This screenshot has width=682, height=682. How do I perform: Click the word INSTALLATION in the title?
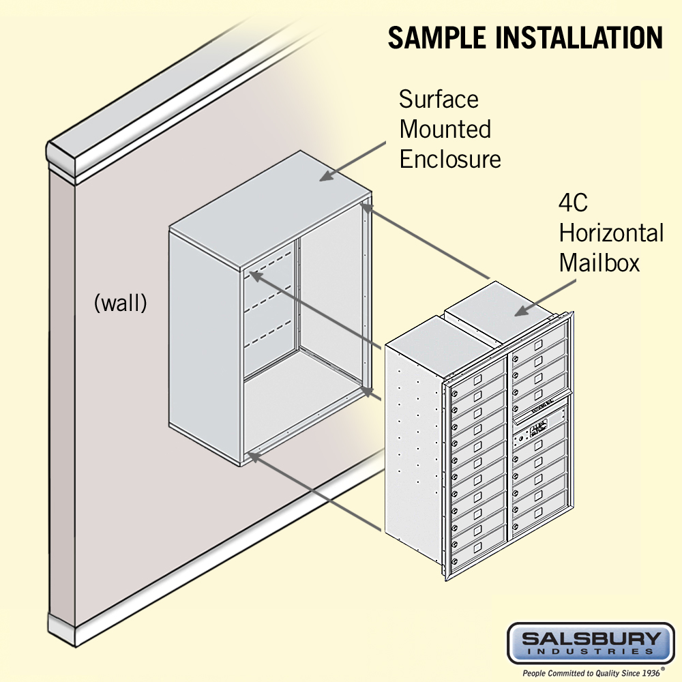pyautogui.click(x=580, y=38)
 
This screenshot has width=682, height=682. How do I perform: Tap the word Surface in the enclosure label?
pyautogui.click(x=439, y=100)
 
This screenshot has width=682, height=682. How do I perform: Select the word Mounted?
pyautogui.click(x=445, y=129)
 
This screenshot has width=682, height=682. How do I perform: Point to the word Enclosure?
pyautogui.click(x=449, y=159)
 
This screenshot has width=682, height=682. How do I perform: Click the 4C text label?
pyautogui.click(x=573, y=203)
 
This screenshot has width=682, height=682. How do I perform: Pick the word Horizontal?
pyautogui.click(x=611, y=233)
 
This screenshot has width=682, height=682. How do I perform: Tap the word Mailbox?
pyautogui.click(x=599, y=263)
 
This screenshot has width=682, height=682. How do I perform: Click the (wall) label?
pyautogui.click(x=120, y=303)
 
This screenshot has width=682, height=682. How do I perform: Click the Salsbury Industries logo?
pyautogui.click(x=591, y=642)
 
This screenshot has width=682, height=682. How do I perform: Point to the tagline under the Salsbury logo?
pyautogui.click(x=591, y=672)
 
